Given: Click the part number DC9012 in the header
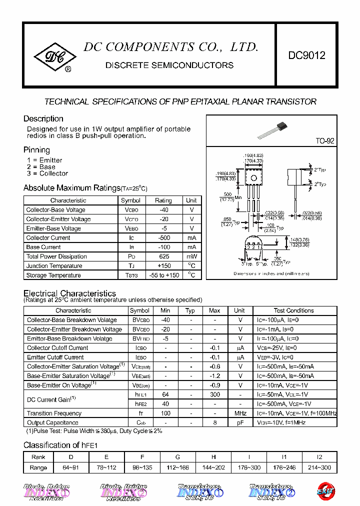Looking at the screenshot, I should [306, 55].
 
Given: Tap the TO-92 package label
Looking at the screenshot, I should [324, 141].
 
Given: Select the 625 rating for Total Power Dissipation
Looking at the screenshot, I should [163, 256].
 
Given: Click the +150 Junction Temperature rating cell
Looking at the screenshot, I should [163, 266].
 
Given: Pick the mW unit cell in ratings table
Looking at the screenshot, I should [191, 256].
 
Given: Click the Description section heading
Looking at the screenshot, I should [43, 119].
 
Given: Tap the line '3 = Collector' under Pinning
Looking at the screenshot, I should [47, 173].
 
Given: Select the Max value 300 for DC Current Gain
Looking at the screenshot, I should [214, 394].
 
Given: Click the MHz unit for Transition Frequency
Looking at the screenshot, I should [240, 413].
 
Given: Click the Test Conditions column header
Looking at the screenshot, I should [293, 310].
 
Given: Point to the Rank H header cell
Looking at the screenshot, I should [213, 457].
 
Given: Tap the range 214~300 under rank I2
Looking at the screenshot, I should [319, 467].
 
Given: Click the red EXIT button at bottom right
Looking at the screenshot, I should [325, 491].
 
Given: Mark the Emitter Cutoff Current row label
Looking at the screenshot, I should [55, 357].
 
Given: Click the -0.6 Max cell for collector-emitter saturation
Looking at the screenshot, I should [214, 366].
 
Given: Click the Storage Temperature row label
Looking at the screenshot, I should [53, 275].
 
